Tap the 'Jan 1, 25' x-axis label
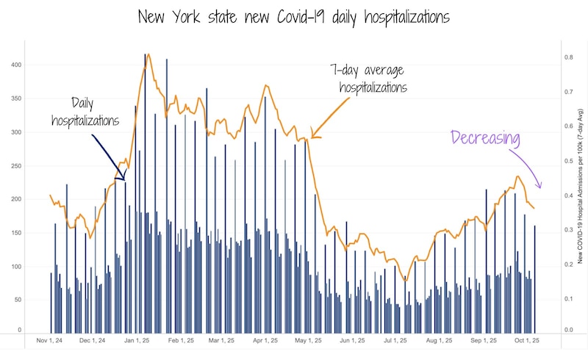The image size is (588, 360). tap(137, 340)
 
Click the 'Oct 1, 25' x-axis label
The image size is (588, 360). tap(526, 340)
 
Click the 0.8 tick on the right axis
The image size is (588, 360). tap(568, 57)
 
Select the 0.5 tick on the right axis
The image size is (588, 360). tap(568, 160)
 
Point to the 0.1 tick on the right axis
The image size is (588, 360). tap(568, 299)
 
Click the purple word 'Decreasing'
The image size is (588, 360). tap(485, 138)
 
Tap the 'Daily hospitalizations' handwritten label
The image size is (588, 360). tap(85, 112)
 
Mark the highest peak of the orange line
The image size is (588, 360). tap(148, 54)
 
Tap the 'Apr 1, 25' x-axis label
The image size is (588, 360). tap(265, 340)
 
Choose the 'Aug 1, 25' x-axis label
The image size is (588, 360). tap(439, 340)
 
